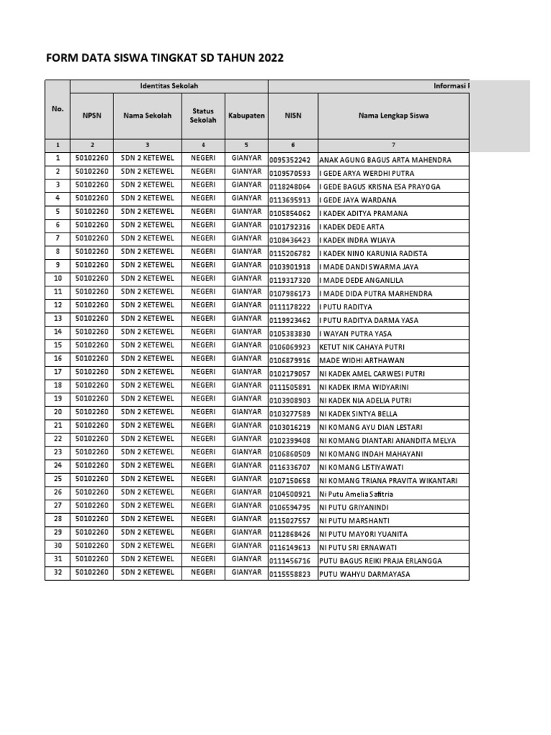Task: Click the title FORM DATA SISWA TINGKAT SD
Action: tap(165, 58)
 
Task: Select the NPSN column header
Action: tap(92, 116)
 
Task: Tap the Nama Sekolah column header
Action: tap(147, 116)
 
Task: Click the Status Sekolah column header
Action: tap(203, 116)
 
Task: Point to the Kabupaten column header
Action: tap(246, 116)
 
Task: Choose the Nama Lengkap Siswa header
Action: tap(393, 116)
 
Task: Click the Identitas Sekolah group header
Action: tap(169, 87)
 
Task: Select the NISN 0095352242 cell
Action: tap(293, 160)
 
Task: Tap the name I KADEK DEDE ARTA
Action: tap(352, 227)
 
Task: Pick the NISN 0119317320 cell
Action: tap(293, 281)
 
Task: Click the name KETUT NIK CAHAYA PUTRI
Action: tap(357, 347)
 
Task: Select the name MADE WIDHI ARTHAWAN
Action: tap(362, 360)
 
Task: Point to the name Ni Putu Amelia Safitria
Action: tap(357, 495)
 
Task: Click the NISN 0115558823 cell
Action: tap(293, 574)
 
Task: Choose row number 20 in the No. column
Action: tap(57, 412)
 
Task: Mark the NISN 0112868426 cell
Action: tap(293, 534)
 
